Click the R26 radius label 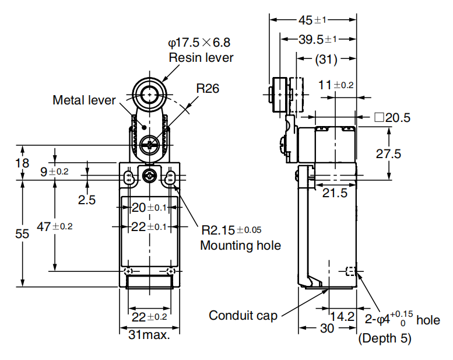point(208,88)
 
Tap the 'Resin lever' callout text point(201,58)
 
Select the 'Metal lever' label point(84,100)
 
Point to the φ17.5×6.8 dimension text point(199,43)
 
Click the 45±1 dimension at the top point(312,20)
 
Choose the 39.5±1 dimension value point(318,39)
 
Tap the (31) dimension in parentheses point(326,60)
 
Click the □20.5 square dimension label point(392,118)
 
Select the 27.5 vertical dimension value point(388,153)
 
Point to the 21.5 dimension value point(335,193)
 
